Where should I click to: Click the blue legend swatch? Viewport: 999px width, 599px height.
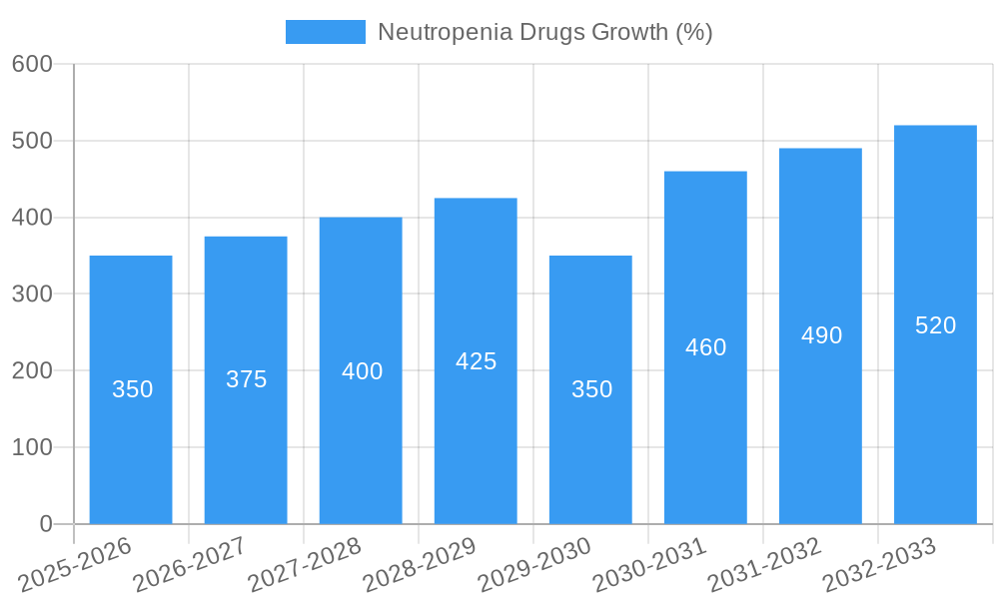coord(325,32)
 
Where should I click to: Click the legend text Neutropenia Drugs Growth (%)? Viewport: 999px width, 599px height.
coord(544,32)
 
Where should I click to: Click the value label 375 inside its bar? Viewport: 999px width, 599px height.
coord(246,379)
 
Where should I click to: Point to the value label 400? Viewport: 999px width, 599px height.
coord(362,371)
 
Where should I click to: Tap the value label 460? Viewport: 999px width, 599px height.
coord(705,347)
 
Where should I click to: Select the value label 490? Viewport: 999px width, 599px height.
coord(821,335)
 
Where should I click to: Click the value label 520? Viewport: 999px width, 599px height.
coord(935,325)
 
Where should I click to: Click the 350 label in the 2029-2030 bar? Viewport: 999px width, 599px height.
coord(591,389)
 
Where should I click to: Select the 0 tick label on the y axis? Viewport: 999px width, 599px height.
coord(45,524)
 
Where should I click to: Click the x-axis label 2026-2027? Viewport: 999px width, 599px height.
coord(189,564)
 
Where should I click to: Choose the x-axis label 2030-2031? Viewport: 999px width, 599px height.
coord(649,564)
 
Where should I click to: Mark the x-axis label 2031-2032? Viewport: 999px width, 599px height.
coord(764,564)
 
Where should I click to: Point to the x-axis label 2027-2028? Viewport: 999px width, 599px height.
coord(304,564)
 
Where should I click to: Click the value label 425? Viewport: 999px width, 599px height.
coord(476,361)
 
